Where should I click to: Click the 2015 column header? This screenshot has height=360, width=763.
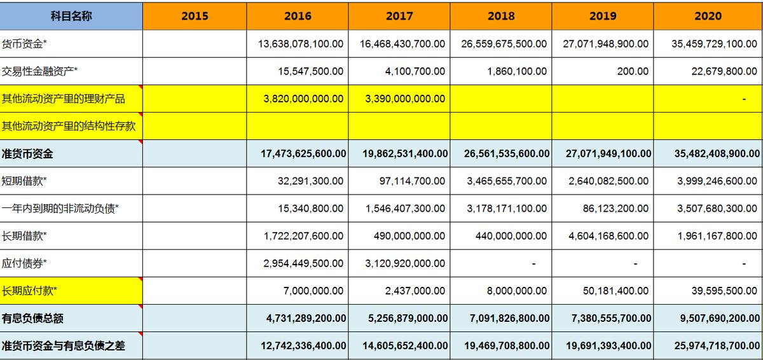(195, 16)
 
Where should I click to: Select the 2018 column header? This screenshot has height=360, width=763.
(501, 16)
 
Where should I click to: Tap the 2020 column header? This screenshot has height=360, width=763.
(708, 16)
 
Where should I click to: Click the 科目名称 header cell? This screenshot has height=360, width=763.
(71, 16)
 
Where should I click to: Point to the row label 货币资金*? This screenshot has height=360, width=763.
(24, 44)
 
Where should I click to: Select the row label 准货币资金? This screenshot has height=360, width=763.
(27, 153)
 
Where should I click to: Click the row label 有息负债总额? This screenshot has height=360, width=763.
(32, 318)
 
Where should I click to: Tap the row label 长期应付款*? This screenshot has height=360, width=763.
(29, 291)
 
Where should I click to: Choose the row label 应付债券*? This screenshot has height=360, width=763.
(24, 263)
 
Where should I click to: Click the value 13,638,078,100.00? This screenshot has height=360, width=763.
(301, 44)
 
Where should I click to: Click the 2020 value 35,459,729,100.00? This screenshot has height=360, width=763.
(714, 44)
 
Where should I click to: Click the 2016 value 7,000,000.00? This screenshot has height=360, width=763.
(313, 291)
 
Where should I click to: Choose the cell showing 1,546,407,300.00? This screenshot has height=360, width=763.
(406, 208)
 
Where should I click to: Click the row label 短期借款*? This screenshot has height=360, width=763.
(24, 181)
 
